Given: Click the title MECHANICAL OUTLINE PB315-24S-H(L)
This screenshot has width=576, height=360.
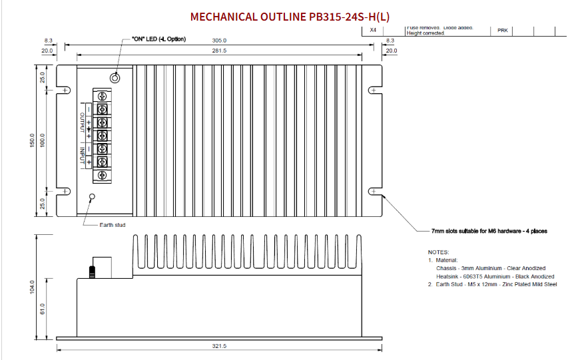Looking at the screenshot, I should (x=290, y=16).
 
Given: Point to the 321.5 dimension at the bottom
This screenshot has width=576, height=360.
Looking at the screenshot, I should (x=219, y=346).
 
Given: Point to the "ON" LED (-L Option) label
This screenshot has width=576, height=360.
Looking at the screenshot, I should (x=154, y=39).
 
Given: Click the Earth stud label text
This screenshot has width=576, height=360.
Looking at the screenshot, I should (x=113, y=225).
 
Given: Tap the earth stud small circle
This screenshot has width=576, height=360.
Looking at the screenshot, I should (x=93, y=197).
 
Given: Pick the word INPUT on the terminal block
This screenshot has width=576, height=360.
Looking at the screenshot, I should (x=83, y=156).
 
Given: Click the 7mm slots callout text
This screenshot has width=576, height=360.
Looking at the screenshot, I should (x=489, y=231).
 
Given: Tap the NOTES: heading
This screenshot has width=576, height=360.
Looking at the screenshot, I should (x=438, y=252).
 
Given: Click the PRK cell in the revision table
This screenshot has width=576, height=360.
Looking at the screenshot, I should (x=503, y=31).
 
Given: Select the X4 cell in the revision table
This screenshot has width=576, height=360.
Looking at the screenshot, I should (x=373, y=31).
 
